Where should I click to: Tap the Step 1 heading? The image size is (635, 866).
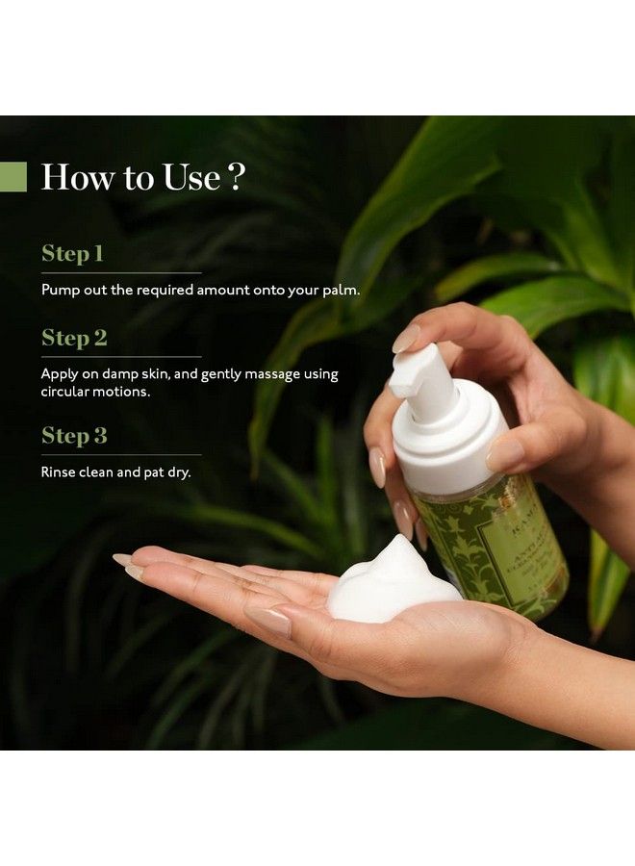[x=72, y=254]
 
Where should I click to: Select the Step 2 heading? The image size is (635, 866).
[x=74, y=338]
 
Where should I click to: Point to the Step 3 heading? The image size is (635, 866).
[x=74, y=436]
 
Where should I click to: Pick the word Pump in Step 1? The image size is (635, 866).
[x=58, y=290]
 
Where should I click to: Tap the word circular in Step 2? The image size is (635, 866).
[x=65, y=392]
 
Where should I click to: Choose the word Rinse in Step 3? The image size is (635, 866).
[x=57, y=471]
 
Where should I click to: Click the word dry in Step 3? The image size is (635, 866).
[x=181, y=472]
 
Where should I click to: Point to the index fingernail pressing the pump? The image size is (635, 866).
[x=406, y=338]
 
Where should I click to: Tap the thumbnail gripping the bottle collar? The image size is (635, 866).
[x=506, y=453]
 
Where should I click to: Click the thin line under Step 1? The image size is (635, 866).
[x=120, y=272]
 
